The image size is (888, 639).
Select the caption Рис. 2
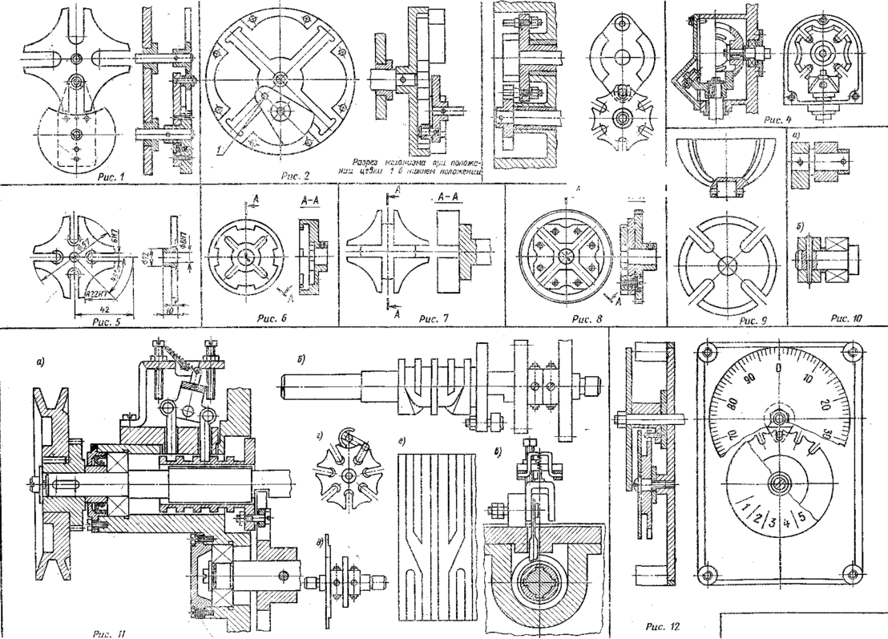pos(284,175)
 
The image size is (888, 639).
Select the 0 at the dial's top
pos(779,366)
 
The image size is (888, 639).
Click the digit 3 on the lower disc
pos(773,521)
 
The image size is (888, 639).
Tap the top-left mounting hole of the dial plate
pos(706,351)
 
